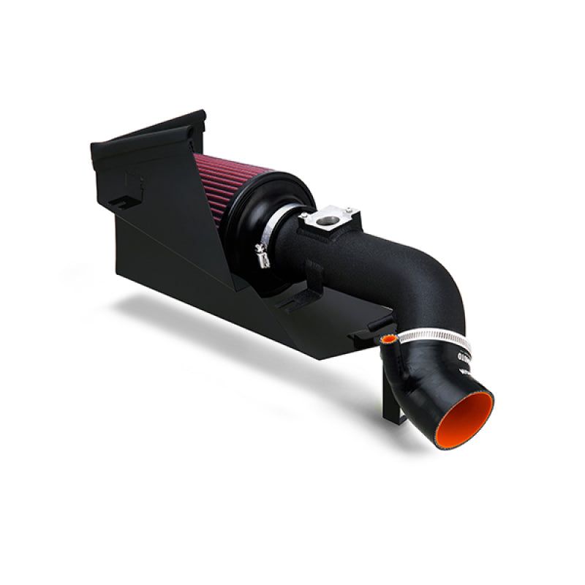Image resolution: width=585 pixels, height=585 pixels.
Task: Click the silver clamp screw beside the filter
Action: coord(260,256)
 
